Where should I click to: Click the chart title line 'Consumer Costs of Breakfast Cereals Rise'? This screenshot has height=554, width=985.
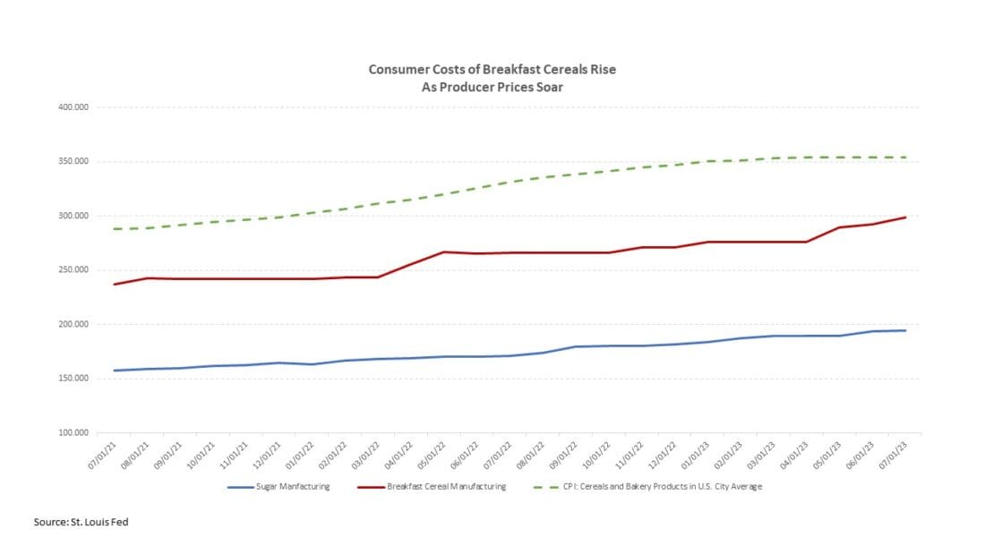[x=492, y=69]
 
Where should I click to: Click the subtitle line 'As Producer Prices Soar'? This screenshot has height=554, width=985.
[x=492, y=87]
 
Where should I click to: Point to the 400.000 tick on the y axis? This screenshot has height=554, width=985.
[x=76, y=107]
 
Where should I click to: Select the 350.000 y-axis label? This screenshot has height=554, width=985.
[x=76, y=162]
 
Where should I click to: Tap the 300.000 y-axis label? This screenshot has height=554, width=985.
[x=76, y=216]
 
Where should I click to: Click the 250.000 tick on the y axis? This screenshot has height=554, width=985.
[x=76, y=270]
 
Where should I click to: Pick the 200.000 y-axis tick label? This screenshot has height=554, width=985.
[x=76, y=324]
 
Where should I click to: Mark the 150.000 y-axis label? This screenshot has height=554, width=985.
[x=76, y=379]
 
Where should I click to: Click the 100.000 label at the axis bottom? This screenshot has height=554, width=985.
[x=76, y=433]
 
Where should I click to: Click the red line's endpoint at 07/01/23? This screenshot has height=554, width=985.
[x=905, y=217]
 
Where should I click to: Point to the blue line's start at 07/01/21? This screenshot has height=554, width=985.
[x=115, y=371]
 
